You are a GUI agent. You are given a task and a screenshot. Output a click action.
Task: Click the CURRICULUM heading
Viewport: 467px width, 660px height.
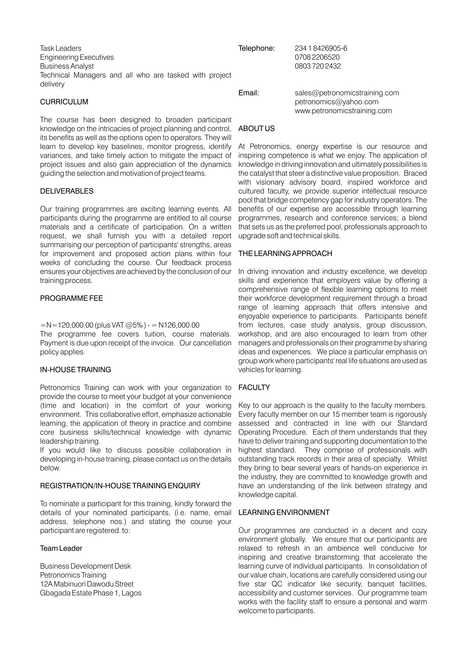click(64, 102)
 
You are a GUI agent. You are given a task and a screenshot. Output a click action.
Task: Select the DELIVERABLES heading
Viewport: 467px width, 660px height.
click(67, 191)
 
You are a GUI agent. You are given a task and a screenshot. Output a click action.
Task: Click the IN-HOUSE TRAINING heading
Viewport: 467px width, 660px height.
click(75, 370)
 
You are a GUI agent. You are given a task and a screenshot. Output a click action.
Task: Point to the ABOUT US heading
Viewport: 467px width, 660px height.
click(256, 129)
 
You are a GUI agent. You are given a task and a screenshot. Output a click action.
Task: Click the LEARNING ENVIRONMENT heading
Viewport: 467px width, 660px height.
click(284, 513)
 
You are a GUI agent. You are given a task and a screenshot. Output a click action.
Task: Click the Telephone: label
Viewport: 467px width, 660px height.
click(257, 48)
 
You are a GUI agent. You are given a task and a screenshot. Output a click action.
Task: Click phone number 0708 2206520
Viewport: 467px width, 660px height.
click(317, 57)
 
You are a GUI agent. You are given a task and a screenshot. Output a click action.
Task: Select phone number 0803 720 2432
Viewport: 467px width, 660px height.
click(317, 66)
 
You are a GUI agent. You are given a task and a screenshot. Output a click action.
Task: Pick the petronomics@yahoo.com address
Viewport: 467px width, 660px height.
click(336, 102)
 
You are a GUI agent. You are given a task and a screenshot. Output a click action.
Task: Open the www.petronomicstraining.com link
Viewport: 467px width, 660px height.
click(343, 111)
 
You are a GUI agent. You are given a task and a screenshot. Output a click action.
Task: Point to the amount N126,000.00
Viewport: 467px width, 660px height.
click(179, 325)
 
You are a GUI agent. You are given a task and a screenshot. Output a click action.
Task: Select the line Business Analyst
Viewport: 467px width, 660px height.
click(67, 66)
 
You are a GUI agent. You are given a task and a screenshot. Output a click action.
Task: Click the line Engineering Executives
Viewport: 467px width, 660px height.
click(77, 57)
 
